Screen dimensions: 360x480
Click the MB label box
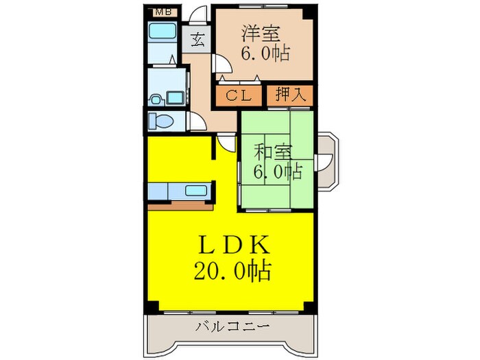(163, 12)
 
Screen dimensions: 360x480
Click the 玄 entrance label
(197, 38)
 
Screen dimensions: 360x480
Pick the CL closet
(239, 95)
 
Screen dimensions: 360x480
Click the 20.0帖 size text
(231, 270)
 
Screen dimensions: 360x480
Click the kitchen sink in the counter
(197, 191)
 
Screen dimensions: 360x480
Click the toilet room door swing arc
(197, 121)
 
